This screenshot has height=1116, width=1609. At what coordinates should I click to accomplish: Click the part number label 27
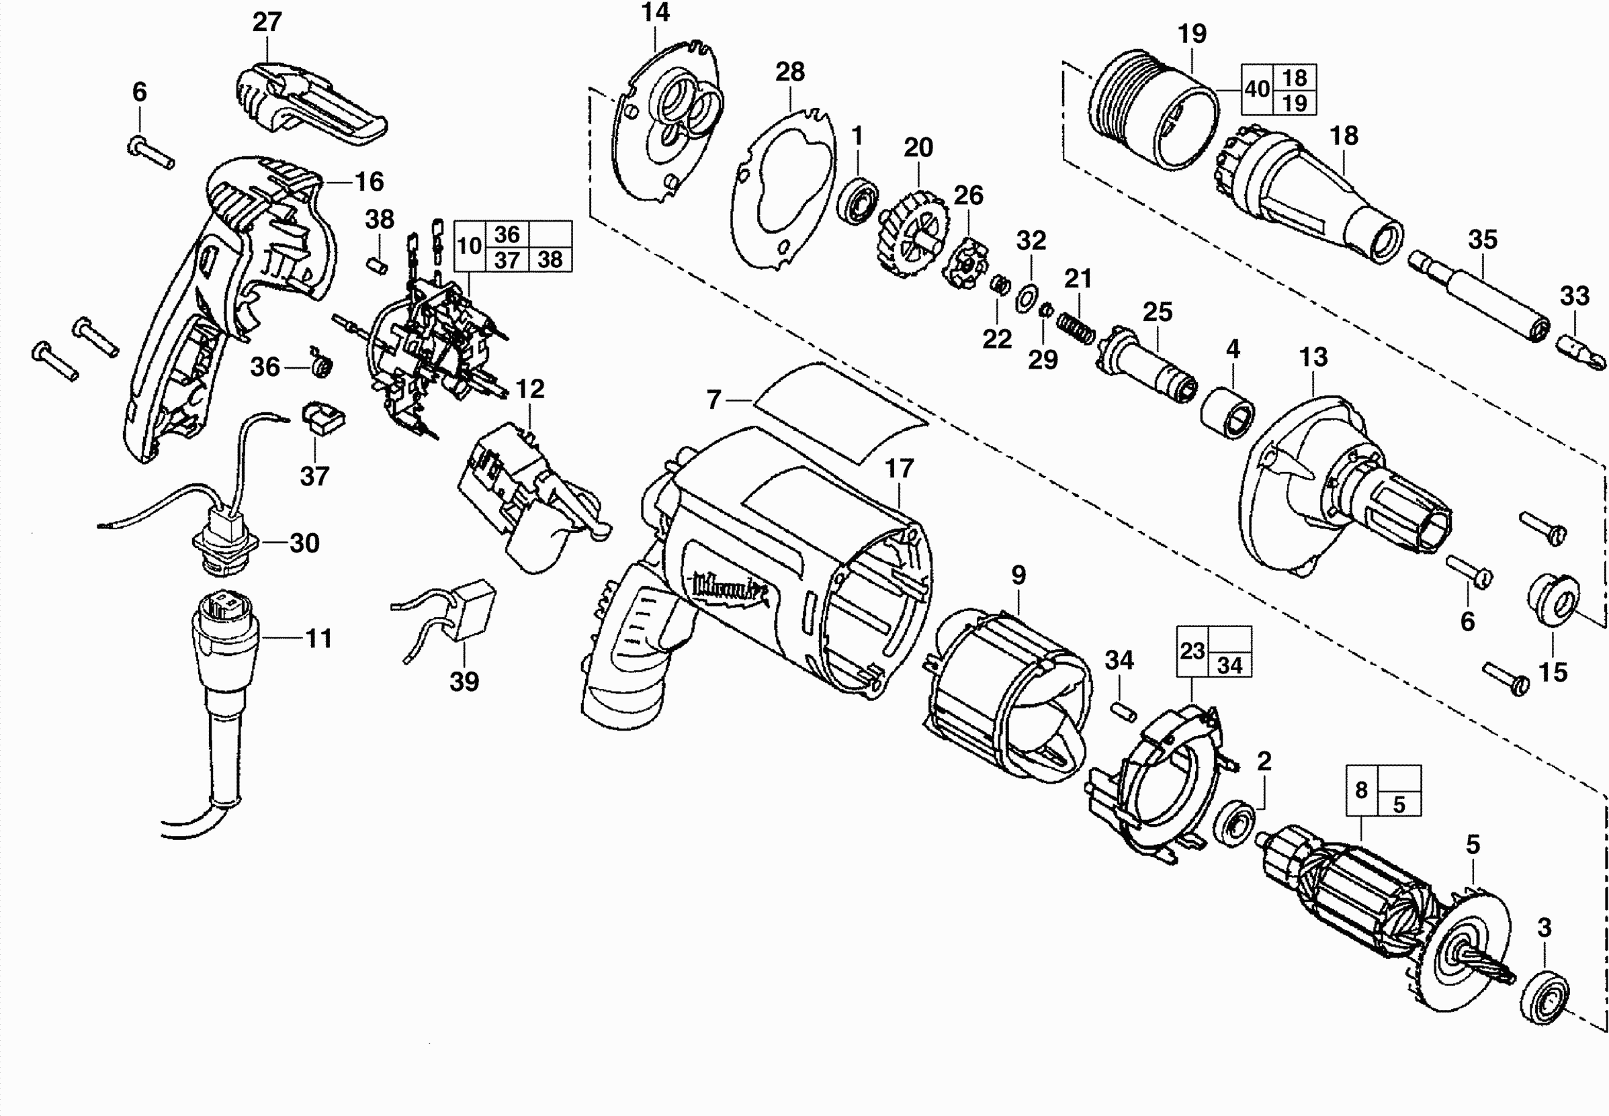tap(267, 22)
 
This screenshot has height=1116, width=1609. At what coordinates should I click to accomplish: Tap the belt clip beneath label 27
tap(308, 105)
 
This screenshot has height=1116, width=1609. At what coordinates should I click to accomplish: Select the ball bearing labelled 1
tap(858, 200)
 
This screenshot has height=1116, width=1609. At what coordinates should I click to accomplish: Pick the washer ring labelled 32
tap(1026, 298)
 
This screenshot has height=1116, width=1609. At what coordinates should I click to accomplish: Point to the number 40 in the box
tap(1257, 89)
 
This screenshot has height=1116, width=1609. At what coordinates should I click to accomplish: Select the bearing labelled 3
tap(1544, 996)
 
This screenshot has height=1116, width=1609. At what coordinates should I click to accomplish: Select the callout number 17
tap(899, 469)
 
